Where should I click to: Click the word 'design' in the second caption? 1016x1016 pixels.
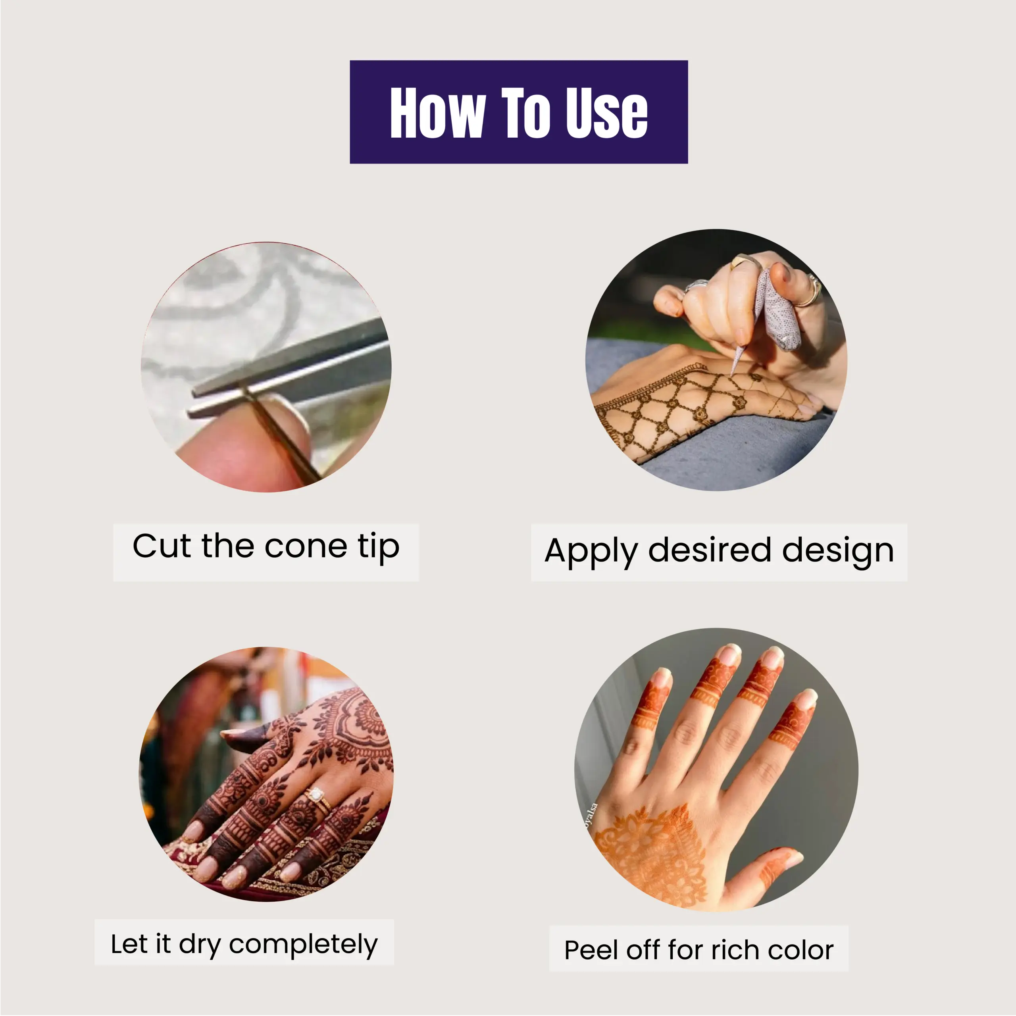point(838,552)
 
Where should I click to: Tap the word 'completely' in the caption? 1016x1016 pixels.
point(304,945)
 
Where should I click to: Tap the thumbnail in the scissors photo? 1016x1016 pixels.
point(287,421)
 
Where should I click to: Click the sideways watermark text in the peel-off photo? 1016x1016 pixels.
point(591,816)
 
